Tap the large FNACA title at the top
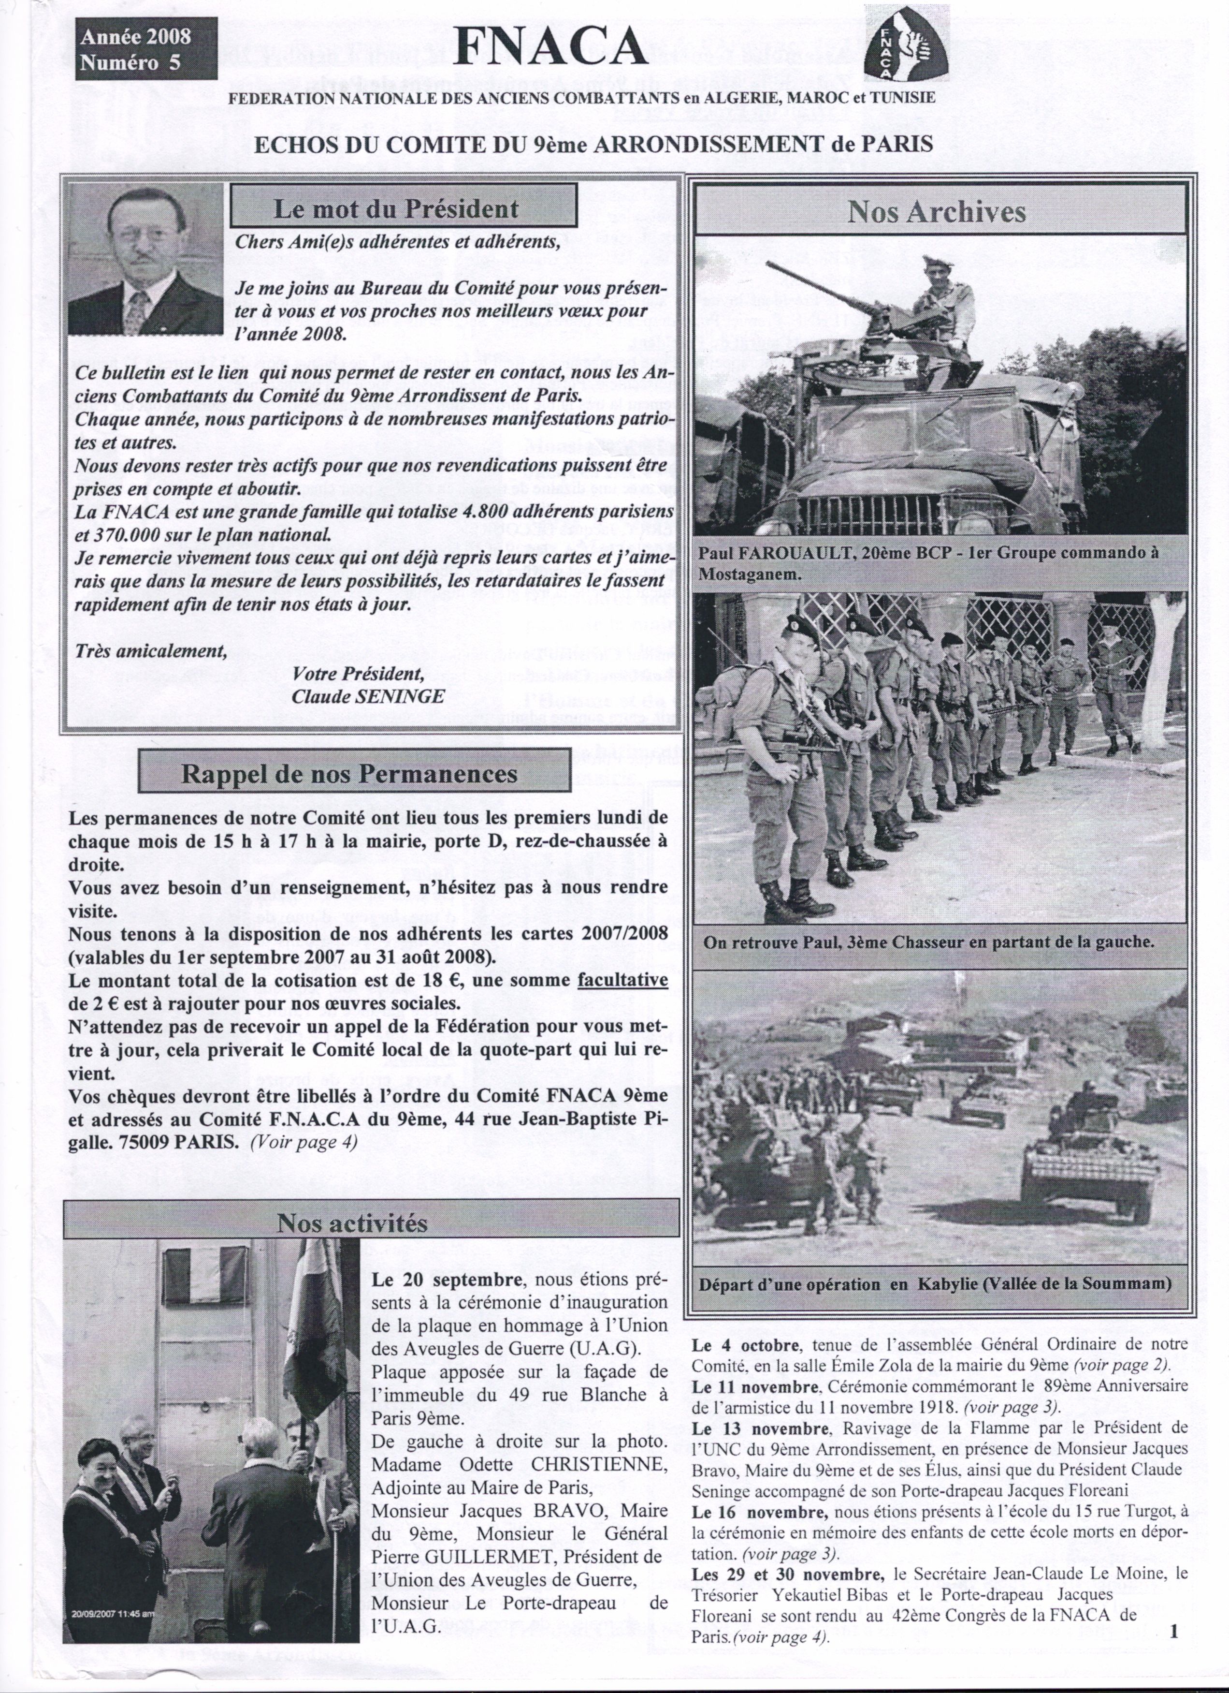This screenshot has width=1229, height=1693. click(550, 48)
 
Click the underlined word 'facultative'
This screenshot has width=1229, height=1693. click(622, 980)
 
